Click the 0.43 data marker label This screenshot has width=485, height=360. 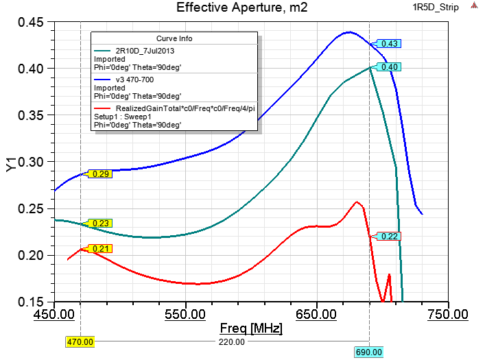[390, 43]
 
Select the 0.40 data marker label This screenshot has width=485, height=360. [390, 67]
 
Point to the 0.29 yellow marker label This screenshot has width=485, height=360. [101, 174]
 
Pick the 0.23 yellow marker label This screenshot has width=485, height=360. [101, 224]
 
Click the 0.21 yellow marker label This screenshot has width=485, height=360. [101, 248]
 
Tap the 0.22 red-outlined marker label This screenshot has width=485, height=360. [390, 236]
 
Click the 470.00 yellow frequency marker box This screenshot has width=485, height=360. [80, 341]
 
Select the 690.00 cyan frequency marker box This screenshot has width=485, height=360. [368, 352]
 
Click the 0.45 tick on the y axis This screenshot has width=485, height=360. [31, 23]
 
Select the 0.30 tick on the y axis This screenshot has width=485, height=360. [31, 163]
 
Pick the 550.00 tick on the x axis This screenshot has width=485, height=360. [185, 314]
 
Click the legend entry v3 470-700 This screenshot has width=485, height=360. [135, 80]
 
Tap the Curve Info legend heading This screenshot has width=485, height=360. [175, 38]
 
